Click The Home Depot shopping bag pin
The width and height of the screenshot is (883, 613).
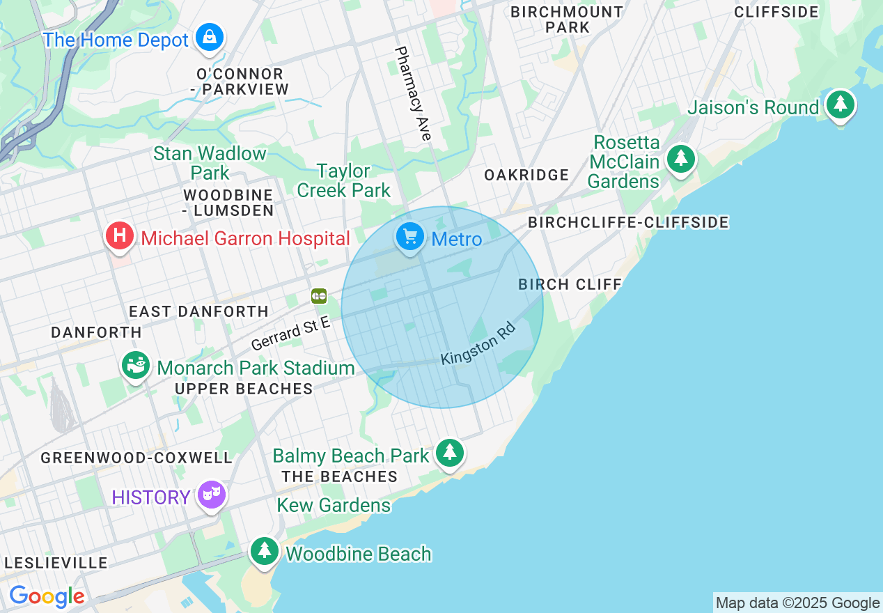point(209,37)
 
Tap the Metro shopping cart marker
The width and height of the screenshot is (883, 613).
point(410,238)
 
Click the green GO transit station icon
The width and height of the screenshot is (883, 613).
point(319,296)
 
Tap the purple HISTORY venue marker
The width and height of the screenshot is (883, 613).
point(212,495)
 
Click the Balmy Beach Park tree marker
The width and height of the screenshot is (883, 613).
point(450,453)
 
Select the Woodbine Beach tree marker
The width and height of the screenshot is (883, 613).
point(264,551)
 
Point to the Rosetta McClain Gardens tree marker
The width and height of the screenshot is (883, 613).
point(680,160)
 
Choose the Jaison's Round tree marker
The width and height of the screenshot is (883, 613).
point(841,104)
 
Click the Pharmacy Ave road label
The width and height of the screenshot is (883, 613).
point(413,94)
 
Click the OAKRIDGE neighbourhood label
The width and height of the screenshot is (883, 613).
point(526,175)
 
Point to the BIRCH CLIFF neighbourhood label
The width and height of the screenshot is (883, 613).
point(570,284)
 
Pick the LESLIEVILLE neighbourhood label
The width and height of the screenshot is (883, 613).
point(56,563)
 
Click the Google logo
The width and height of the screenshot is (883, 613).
point(47,597)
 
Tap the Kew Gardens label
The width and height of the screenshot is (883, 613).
point(334,505)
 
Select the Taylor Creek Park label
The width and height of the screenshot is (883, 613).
point(343,180)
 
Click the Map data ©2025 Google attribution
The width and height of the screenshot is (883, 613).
point(797,603)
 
